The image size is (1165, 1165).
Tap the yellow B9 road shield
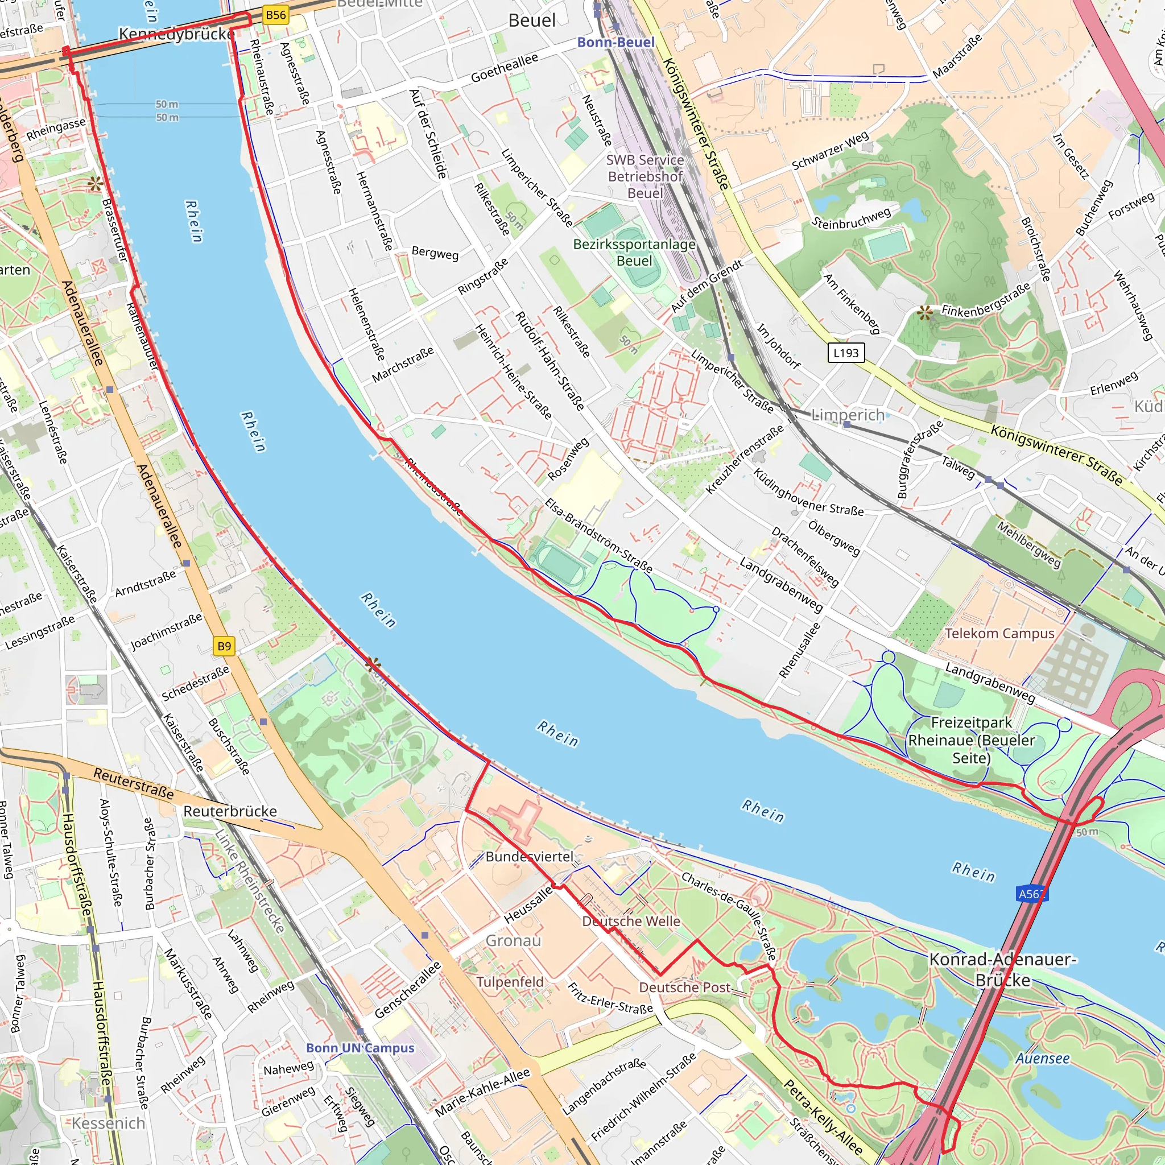[x=224, y=646]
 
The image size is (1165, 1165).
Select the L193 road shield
[x=845, y=353]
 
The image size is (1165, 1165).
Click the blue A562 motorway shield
[x=1032, y=894]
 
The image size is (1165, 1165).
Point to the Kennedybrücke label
[x=176, y=34]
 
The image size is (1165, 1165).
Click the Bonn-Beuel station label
[x=615, y=42]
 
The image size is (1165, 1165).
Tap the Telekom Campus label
[x=999, y=634]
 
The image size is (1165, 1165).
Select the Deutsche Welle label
[x=631, y=922]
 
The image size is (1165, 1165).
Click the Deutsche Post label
[x=684, y=988]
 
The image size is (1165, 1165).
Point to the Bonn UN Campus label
[x=360, y=1048]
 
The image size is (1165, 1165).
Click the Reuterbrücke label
[x=230, y=812]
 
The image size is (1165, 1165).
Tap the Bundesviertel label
[x=530, y=857]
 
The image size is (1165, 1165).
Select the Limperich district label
[x=848, y=415]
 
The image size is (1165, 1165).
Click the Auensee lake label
[x=1043, y=1059]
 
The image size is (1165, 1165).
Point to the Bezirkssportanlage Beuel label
[x=634, y=253]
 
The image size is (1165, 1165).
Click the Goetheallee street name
[x=504, y=68]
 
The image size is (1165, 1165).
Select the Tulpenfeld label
[x=510, y=982]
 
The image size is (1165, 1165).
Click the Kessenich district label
[x=109, y=1123]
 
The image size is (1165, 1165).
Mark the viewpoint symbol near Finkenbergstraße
[x=924, y=312]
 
